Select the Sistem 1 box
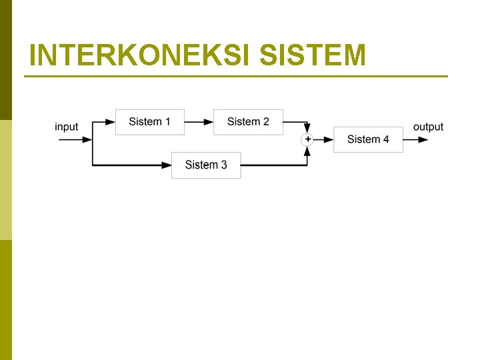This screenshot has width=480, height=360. [150, 122]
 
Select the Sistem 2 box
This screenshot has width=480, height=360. [248, 122]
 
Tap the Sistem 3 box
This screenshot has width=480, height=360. [206, 165]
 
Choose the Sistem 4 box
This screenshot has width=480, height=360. [368, 139]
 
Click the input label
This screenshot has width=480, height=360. [66, 127]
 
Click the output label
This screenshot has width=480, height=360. [428, 127]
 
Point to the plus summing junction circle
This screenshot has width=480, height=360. [307, 139]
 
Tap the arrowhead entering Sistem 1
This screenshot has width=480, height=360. [110, 122]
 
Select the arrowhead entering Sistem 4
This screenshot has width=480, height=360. [329, 139]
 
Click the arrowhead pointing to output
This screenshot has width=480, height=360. [423, 139]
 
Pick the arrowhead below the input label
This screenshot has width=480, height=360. [87, 139]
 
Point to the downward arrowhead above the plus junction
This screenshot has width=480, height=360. [307, 129]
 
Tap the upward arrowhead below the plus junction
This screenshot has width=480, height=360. [307, 151]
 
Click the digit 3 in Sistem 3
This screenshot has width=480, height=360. [223, 165]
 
